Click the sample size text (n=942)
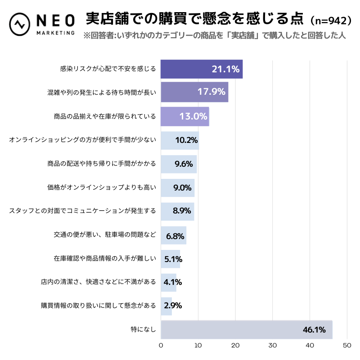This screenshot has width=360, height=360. (x=327, y=20)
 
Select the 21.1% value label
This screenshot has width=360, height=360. (x=225, y=69)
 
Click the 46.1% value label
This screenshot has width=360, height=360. (x=314, y=330)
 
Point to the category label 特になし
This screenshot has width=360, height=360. (x=143, y=330)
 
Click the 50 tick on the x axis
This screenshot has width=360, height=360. (x=346, y=346)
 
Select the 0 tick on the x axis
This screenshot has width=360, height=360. (x=161, y=346)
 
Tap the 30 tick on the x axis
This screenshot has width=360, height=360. (x=272, y=346)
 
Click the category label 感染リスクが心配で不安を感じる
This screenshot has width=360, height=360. (x=108, y=69)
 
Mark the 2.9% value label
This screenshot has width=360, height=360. (x=173, y=306)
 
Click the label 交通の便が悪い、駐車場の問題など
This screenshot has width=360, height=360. (x=104, y=235)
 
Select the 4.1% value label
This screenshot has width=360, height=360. (x=173, y=282)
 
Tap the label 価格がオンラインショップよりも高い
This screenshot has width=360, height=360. (x=101, y=187)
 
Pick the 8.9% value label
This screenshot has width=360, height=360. (x=183, y=211)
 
